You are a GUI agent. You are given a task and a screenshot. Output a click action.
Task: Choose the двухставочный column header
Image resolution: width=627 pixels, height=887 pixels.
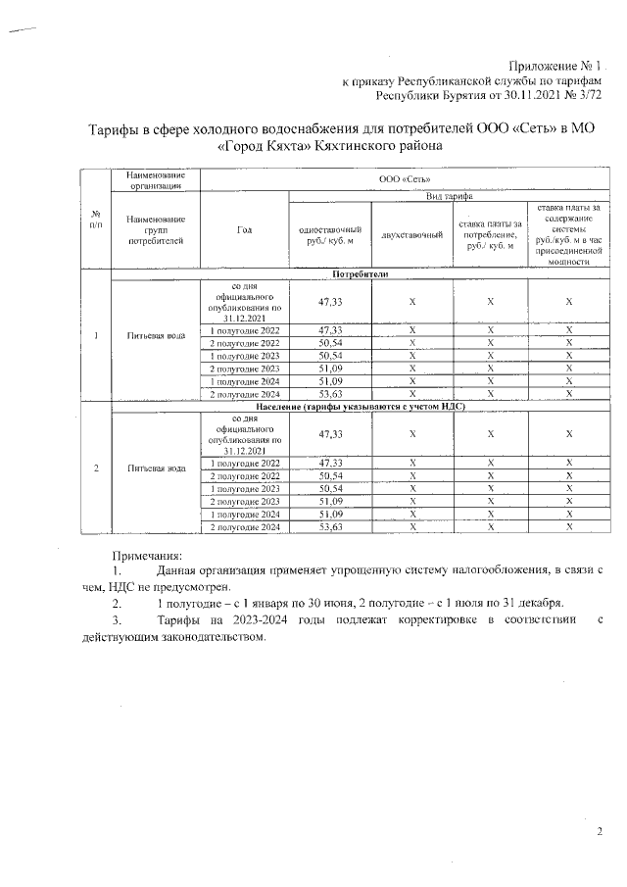click(412, 234)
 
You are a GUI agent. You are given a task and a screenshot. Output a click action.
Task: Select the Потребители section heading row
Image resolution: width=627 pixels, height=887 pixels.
click(361, 274)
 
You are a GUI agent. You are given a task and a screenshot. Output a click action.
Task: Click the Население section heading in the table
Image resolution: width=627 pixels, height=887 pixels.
click(361, 405)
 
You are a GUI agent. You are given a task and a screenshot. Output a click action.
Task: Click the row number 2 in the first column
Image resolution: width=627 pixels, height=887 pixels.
click(96, 468)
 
